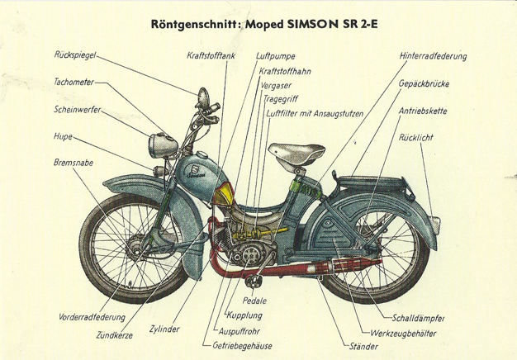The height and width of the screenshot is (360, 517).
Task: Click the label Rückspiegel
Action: click(74, 55)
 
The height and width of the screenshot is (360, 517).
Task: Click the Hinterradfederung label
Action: click(433, 56)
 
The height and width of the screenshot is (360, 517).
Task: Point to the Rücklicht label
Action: click(415, 137)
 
